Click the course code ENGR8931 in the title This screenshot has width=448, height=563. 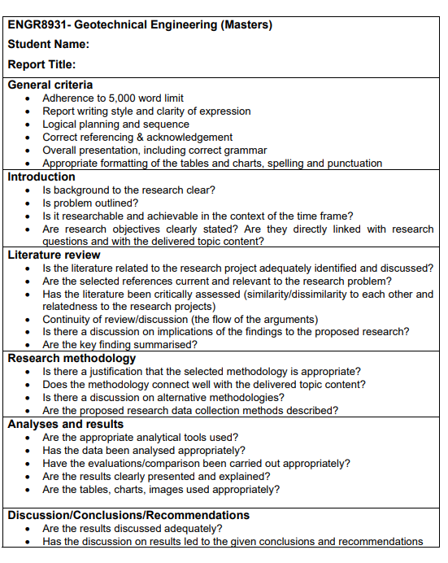coord(37,24)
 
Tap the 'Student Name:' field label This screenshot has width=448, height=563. coord(49,44)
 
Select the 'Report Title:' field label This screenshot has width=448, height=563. coord(42,64)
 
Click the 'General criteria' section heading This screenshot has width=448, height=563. coord(50,85)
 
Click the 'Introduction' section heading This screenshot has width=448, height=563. coord(41,177)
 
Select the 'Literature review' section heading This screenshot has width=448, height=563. coord(53,255)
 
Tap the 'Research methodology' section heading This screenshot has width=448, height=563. coord(72,358)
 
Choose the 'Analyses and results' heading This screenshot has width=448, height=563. coord(66,424)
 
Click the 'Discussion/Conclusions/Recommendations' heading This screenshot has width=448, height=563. coord(128,515)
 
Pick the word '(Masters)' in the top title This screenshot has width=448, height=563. coord(246,24)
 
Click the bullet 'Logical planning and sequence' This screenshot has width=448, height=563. coord(116,124)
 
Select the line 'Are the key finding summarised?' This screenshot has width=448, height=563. coord(120,345)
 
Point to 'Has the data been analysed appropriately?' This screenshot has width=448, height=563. coord(144,450)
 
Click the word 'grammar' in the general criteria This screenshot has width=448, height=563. coord(246,151)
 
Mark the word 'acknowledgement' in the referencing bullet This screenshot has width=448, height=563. coord(192,137)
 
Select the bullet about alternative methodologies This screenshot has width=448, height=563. coord(163,397)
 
